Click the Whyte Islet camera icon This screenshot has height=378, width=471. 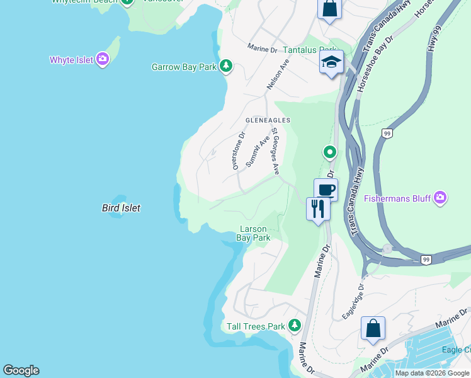point(103,60)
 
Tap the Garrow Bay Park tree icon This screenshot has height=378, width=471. point(225,66)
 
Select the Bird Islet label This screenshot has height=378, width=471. point(121,208)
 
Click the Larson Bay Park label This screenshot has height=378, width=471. point(253,234)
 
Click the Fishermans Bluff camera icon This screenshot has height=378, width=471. point(440,198)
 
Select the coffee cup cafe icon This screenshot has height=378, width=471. point(326,190)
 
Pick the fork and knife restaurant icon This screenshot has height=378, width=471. point(318,209)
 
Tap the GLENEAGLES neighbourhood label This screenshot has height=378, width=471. point(268,120)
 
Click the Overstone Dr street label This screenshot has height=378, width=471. point(239,151)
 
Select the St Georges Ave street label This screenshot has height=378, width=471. point(275,152)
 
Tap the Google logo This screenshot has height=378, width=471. point(21,370)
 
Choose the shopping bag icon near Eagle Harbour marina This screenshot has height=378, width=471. point(373,328)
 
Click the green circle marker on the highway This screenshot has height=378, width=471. point(329,152)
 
